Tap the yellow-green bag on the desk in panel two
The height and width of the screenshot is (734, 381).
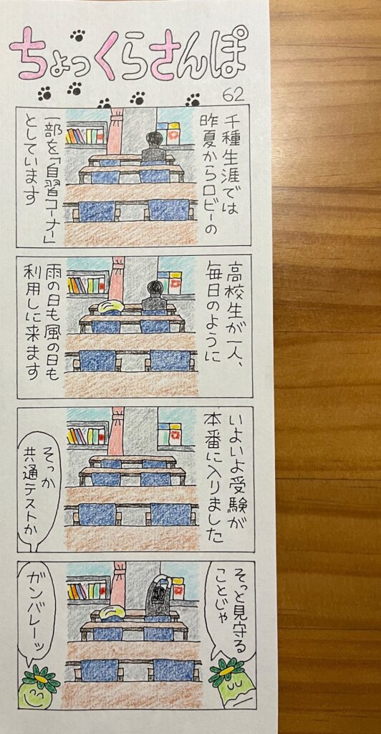coord(107,306)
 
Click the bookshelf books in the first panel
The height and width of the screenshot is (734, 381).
coord(85,135)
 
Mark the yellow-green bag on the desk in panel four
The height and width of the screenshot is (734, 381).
coord(107,614)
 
